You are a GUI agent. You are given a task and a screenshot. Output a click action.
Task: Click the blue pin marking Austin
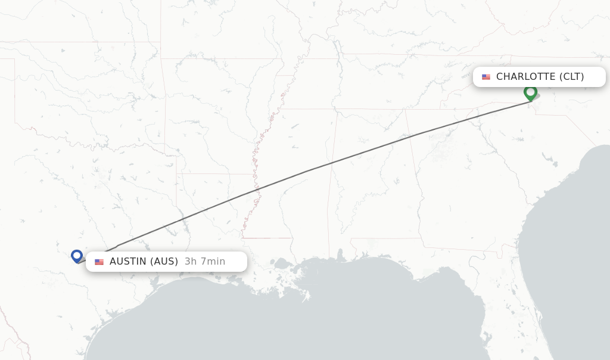pyautogui.click(x=76, y=256)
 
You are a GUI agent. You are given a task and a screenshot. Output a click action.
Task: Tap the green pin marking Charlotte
pyautogui.click(x=530, y=92)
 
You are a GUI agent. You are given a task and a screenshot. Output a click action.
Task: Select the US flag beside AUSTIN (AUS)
pyautogui.click(x=99, y=262)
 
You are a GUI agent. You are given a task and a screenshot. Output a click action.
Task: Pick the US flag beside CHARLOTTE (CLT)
pyautogui.click(x=486, y=77)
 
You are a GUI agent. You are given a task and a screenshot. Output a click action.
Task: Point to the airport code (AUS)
pyautogui.click(x=164, y=262)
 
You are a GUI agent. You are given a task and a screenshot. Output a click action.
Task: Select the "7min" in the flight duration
pyautogui.click(x=212, y=262)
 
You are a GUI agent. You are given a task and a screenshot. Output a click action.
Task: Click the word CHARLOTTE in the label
pyautogui.click(x=525, y=77)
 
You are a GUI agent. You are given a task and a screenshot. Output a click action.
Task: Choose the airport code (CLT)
pyautogui.click(x=572, y=77)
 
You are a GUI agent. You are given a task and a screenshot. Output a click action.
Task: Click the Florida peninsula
pyautogui.click(x=512, y=310)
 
